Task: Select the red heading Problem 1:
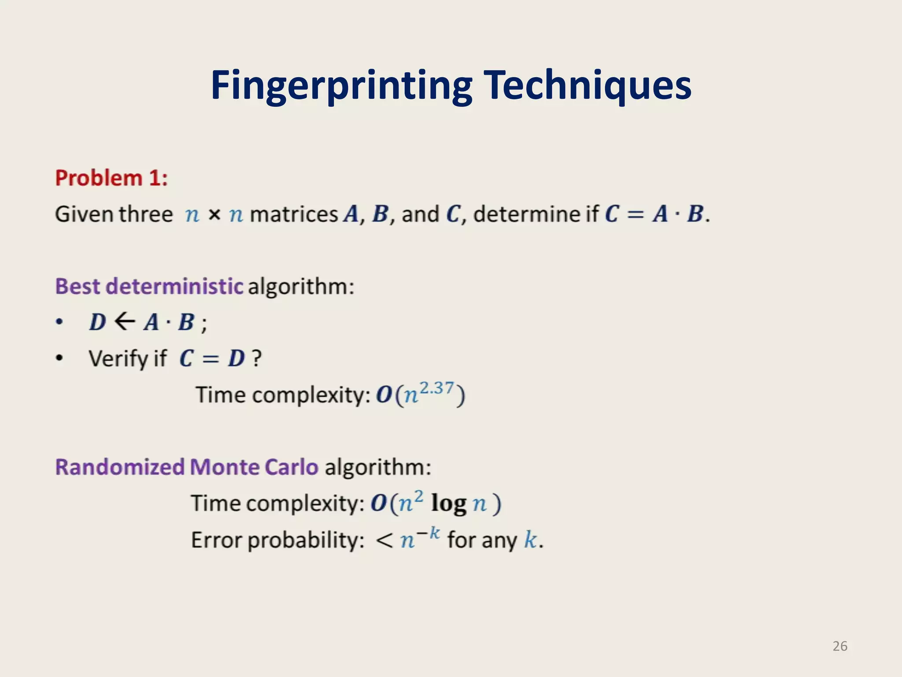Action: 111,179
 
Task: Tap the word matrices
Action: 294,215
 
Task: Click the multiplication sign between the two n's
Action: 214,215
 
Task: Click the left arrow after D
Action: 125,321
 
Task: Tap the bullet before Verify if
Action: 59,358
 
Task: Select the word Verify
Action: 118,358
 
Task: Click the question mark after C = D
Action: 256,358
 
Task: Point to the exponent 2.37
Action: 436,388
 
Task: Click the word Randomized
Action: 120,467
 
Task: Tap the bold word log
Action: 448,503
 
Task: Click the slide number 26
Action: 840,646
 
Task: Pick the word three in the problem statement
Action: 145,215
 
